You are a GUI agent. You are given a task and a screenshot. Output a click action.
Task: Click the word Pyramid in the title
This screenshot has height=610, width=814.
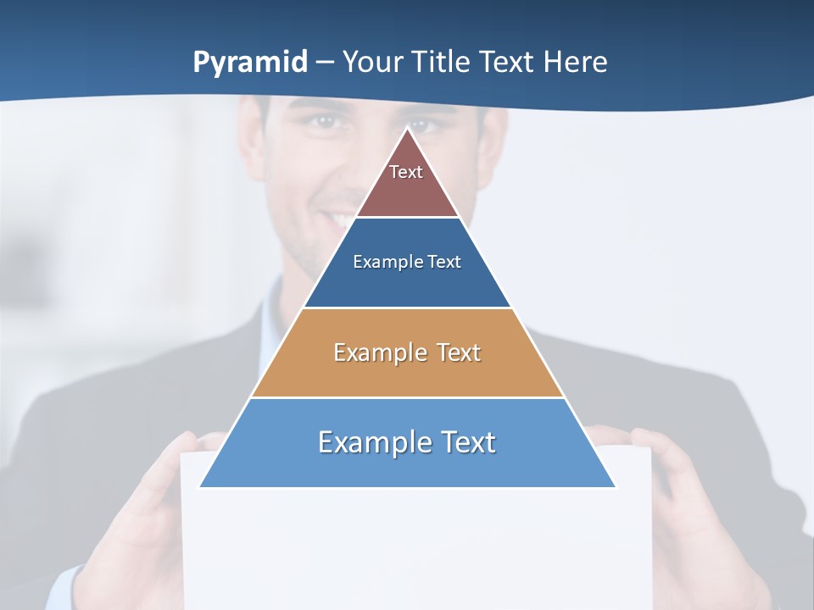click(250, 63)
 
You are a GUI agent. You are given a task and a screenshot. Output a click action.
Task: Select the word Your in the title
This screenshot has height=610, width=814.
click(374, 62)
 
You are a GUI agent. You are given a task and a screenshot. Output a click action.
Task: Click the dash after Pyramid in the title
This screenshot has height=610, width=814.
click(325, 63)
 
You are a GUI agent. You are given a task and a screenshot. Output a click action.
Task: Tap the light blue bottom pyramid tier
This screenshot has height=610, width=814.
click(407, 466)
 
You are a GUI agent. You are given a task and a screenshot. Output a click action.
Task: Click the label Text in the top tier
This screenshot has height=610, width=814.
click(406, 172)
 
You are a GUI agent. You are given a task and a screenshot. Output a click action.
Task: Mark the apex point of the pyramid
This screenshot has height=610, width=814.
click(408, 129)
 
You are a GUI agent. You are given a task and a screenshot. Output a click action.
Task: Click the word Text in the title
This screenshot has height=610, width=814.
click(507, 62)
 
